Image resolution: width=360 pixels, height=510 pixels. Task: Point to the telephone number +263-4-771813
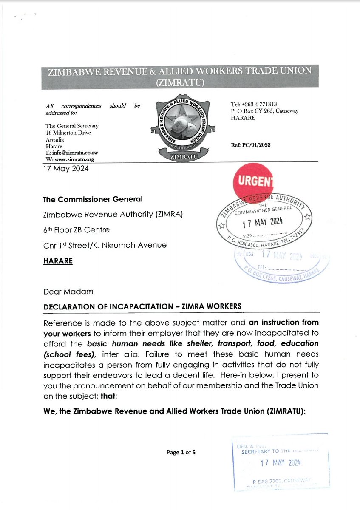click(253, 105)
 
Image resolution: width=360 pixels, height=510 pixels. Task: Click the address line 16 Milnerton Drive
click(68, 133)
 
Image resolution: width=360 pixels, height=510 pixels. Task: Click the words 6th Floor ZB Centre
click(76, 230)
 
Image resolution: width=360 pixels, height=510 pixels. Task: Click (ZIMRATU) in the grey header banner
click(180, 83)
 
